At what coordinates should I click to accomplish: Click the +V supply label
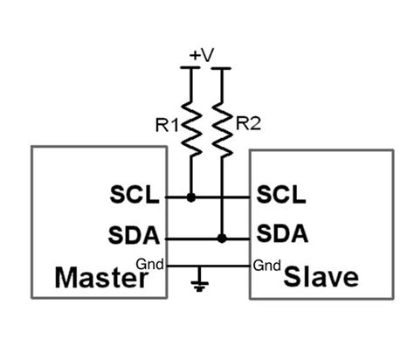202,55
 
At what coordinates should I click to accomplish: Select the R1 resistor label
168,125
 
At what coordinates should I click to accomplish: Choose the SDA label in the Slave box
280,235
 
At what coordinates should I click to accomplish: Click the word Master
98,279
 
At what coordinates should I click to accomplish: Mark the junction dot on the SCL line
190,197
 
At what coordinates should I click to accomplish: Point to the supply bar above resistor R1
190,69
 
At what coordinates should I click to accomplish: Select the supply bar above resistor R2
222,69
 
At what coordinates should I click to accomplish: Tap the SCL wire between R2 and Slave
238,197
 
